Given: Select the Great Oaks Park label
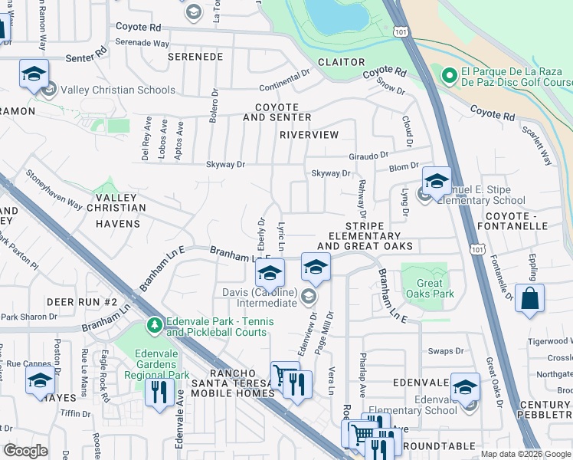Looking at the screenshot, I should click(x=431, y=288).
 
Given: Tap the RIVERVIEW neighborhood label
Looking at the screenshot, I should click(x=309, y=135).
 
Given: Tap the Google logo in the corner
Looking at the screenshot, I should click(x=25, y=451).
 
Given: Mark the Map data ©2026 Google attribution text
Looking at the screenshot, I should click(x=525, y=454).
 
